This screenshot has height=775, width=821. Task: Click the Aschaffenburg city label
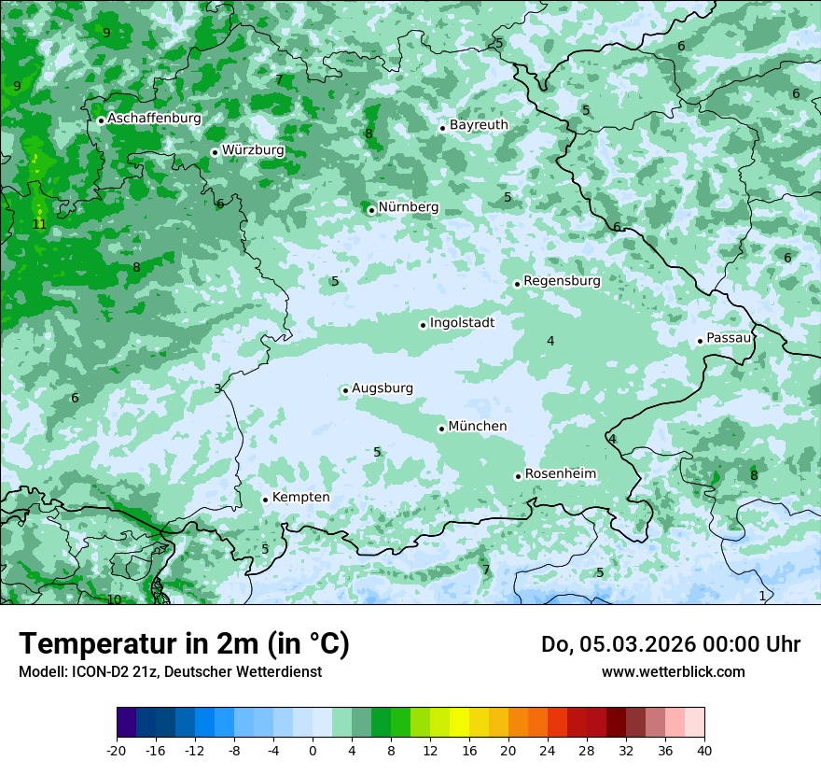click(154, 119)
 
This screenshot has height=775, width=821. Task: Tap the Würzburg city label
click(253, 150)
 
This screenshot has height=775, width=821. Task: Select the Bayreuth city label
click(479, 125)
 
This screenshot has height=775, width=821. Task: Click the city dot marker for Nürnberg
click(371, 210)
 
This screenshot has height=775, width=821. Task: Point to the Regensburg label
click(562, 281)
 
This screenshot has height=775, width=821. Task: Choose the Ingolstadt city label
click(462, 323)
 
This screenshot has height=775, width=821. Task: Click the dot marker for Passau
click(700, 341)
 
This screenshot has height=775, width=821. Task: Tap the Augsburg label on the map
click(382, 388)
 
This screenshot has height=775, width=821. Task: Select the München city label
click(477, 427)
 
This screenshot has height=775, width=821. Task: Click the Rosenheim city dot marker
click(518, 476)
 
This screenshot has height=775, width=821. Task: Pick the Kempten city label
click(300, 498)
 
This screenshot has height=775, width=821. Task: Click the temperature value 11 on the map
click(39, 224)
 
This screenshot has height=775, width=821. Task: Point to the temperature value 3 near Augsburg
click(217, 388)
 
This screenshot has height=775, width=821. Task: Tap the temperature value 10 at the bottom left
click(114, 599)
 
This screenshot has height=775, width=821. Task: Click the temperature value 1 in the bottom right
click(762, 596)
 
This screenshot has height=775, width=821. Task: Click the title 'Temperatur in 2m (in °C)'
click(184, 644)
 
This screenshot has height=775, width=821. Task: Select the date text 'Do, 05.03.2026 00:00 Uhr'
click(670, 644)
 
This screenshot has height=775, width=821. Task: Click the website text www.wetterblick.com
click(673, 671)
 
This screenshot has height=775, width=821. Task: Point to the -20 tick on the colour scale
click(117, 750)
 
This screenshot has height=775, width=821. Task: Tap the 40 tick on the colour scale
click(703, 750)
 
